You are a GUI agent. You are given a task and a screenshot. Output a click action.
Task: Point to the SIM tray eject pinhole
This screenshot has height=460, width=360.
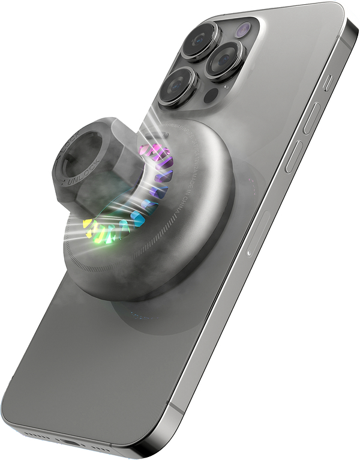pos(247,254)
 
